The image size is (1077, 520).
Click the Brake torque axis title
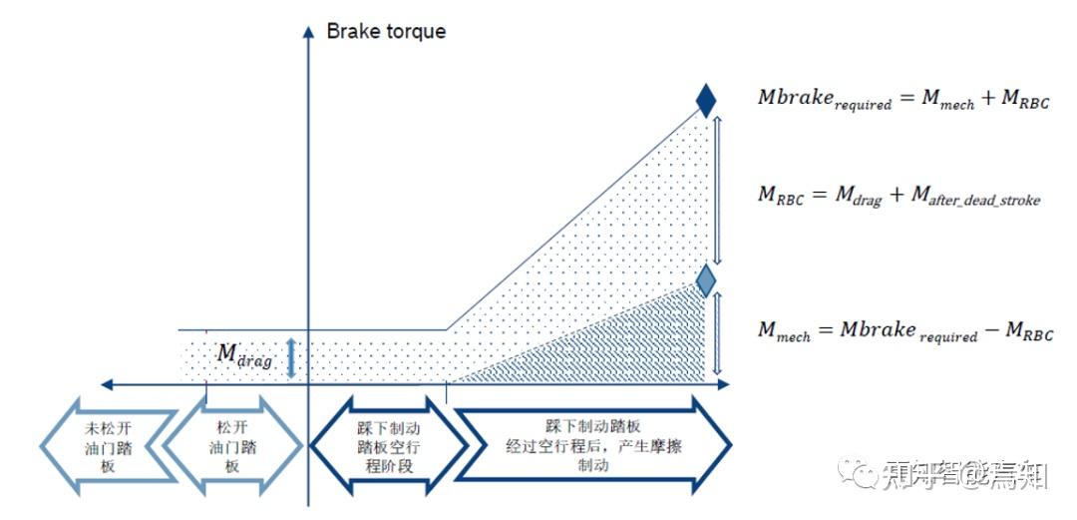click(386, 31)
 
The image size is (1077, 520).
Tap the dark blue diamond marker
click(706, 100)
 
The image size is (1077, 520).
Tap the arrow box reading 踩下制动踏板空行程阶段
click(388, 442)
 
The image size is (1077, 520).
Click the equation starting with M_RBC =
click(898, 197)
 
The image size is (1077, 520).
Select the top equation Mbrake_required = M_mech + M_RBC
click(903, 99)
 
